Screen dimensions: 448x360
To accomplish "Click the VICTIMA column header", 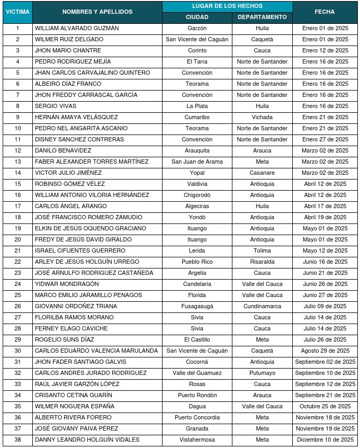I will [17, 12].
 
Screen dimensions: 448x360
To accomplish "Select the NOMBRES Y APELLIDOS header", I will [97, 12].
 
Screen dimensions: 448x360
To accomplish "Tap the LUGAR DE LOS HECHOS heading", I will [227, 6].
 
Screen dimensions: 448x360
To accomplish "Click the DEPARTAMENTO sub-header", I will [262, 17].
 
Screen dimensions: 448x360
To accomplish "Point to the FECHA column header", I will [325, 12].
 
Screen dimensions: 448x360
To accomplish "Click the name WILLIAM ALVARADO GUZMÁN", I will [77, 28].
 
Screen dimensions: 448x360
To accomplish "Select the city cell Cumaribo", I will [197, 117].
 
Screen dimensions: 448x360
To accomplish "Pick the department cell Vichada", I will [262, 117].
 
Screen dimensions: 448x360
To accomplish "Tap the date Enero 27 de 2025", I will [325, 139].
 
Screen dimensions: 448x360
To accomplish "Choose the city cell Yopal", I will [197, 173].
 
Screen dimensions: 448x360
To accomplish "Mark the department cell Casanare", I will [262, 173].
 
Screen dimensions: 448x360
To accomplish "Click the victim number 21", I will [17, 250].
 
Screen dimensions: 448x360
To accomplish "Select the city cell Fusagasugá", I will [197, 306].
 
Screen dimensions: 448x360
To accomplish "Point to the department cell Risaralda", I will [262, 262].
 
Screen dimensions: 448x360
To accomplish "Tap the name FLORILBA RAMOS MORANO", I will [74, 317].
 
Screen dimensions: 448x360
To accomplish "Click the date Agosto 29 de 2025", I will [325, 351].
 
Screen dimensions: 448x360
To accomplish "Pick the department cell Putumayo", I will [262, 373].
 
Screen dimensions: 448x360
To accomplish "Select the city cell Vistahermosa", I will [197, 440].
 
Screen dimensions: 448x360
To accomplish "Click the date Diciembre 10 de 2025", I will [325, 440].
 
